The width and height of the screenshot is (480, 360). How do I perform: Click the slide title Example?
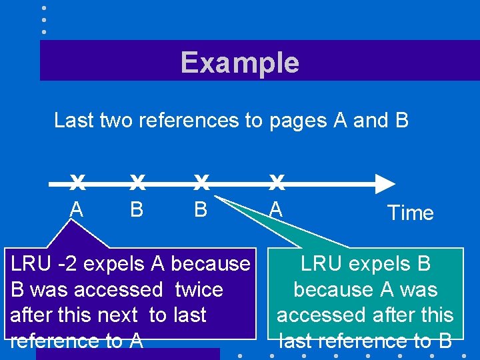tap(239, 63)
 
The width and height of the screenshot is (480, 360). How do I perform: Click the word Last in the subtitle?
tap(73, 121)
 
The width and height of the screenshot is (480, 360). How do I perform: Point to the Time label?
tap(410, 213)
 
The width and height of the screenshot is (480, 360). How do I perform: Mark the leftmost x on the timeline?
tap(77, 181)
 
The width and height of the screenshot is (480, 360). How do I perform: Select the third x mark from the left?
tap(201, 181)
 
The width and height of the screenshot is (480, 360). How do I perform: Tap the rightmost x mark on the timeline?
tap(277, 181)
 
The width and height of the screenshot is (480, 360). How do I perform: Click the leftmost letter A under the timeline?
tap(77, 209)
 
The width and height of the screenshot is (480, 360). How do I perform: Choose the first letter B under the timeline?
tap(137, 209)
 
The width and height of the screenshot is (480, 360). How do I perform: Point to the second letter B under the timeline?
tap(200, 209)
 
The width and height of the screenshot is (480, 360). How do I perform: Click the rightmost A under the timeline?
tap(276, 209)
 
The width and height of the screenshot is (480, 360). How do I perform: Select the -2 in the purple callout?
tap(67, 264)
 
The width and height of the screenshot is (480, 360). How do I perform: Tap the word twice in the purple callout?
tap(199, 290)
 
